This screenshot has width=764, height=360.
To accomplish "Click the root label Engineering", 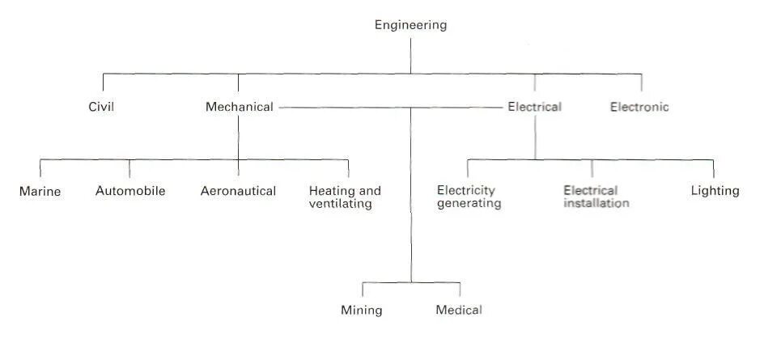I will point(410,25).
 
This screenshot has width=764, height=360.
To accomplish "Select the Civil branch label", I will point(101,107).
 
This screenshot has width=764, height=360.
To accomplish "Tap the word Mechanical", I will point(239,107).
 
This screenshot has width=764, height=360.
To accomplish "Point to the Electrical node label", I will point(534,107).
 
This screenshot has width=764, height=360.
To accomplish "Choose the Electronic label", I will point(639,107).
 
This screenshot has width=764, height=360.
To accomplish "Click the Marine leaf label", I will point(40,192).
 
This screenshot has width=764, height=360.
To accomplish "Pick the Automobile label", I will point(130,191).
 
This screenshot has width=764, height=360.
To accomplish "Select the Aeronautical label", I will point(238,191).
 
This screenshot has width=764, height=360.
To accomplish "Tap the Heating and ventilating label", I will point(345,197).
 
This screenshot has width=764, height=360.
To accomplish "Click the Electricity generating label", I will point(469,197).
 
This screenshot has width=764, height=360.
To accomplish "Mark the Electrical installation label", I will point(596,197).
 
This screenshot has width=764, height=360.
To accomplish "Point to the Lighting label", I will point(715,191).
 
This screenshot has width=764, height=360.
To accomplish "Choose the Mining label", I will point(361,310).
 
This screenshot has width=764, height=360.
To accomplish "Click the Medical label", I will point(458,310).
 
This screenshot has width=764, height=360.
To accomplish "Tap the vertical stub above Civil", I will point(103,82).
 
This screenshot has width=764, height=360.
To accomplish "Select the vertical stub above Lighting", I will point(713,167).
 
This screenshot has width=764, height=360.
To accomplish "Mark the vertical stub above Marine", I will point(40,167).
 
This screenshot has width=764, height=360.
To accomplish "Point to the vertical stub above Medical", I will point(460,290).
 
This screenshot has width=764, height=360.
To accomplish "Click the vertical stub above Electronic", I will point(642,82).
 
